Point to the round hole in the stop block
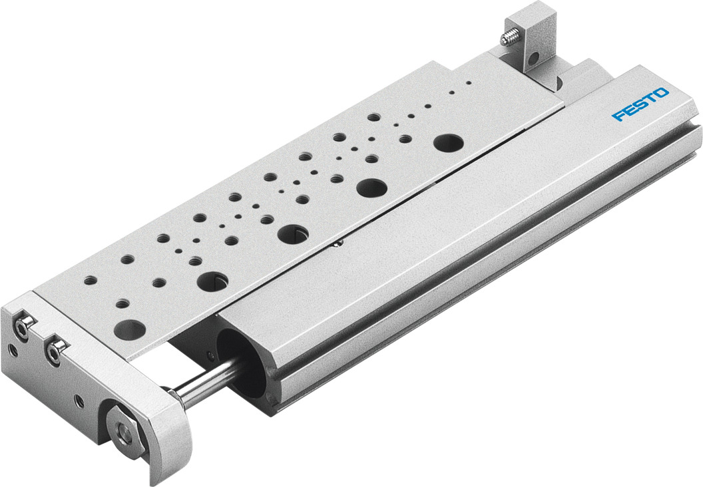[532, 59]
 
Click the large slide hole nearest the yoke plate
[131, 329]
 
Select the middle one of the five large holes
[292, 233]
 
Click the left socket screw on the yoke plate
[25, 327]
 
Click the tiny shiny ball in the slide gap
[339, 244]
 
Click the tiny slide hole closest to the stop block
[469, 83]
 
